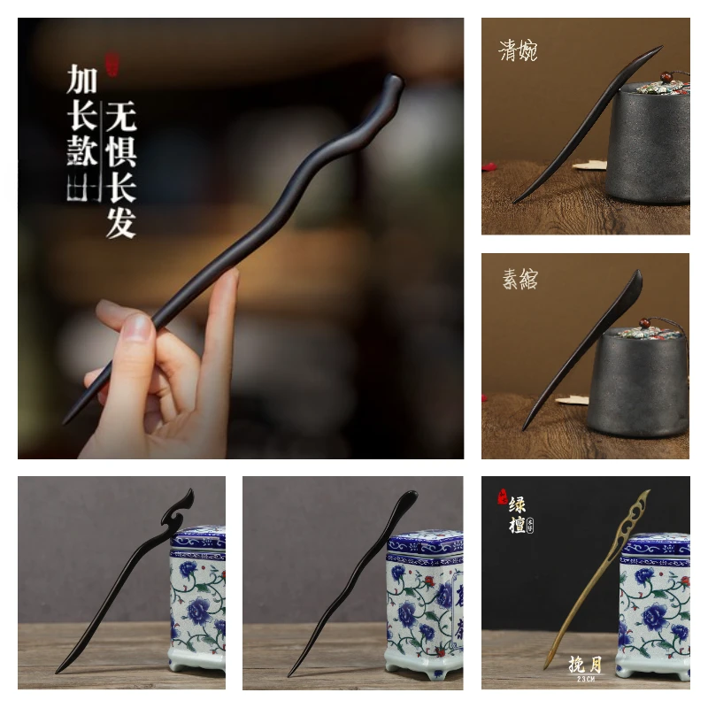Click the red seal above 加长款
tap(112, 64)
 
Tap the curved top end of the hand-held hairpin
tap(390, 88)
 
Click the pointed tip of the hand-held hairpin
tap(65, 419)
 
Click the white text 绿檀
tap(517, 514)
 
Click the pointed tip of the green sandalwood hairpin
tap(546, 666)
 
